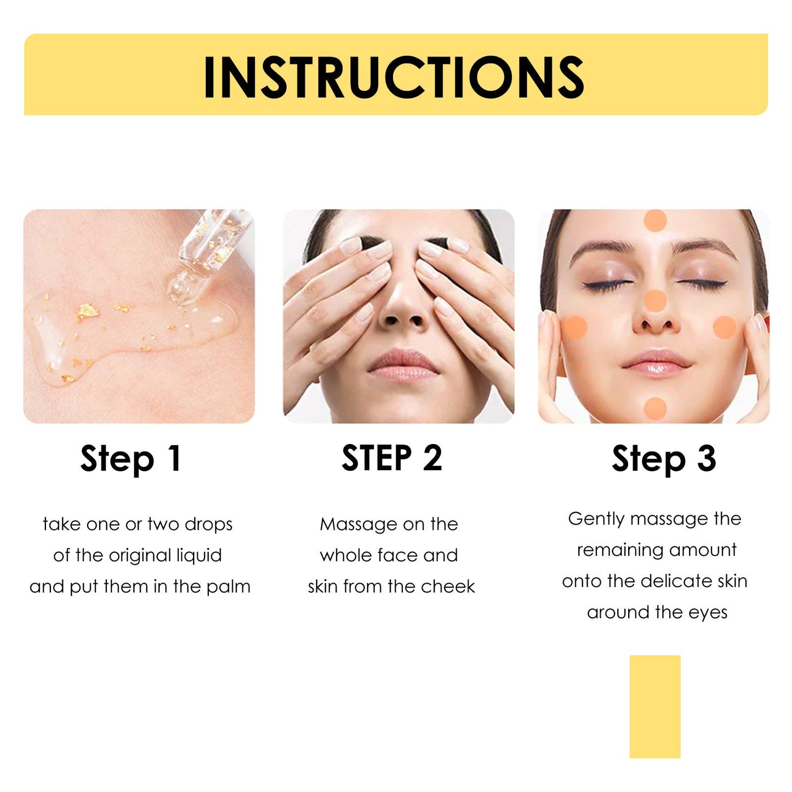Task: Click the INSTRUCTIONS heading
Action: [394, 77]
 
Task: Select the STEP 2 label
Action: [391, 458]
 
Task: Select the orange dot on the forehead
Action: [655, 220]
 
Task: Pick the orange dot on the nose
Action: [654, 301]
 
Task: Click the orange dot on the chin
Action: [655, 408]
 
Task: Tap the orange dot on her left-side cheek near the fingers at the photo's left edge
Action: [575, 327]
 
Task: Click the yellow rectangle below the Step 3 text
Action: [654, 706]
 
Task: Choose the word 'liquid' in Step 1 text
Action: [198, 556]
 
